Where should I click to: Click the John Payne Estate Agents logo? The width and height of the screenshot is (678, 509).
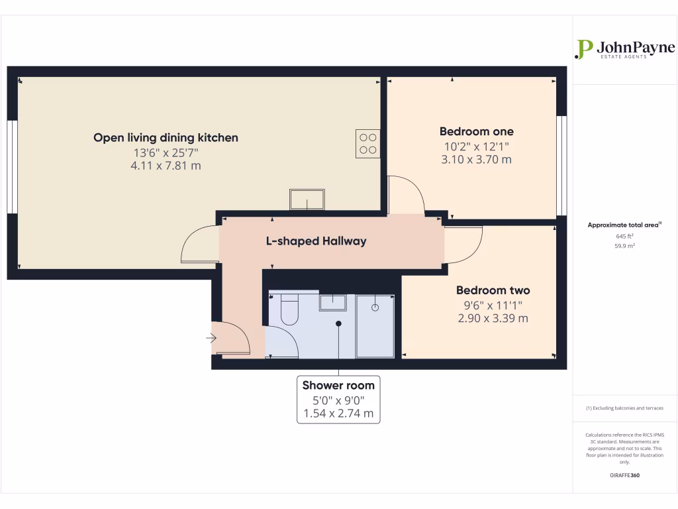624,50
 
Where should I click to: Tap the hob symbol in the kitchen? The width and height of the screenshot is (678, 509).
367,144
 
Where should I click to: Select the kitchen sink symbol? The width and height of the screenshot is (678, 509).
307,198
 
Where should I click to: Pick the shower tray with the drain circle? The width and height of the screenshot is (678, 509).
375,325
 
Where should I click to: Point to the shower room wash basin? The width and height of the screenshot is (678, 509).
333,302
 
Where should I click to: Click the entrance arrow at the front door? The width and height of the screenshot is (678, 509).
211,339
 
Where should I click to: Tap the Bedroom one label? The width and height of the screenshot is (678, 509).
476,131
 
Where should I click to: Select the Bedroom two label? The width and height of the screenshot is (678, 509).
493,290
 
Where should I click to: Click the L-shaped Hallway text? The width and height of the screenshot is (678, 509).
316,241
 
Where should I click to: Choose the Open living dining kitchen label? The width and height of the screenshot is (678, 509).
166,138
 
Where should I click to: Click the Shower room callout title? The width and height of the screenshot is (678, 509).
338,385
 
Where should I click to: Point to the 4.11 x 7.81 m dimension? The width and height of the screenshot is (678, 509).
166,166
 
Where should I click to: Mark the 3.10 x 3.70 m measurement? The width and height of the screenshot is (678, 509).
476,160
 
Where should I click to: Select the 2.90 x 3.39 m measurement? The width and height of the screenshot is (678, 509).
493,318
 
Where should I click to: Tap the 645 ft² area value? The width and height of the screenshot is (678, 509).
624,236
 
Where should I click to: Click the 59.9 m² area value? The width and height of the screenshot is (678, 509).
624,246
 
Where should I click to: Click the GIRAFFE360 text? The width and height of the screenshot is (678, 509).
624,475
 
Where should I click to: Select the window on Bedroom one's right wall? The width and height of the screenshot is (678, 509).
561,166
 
